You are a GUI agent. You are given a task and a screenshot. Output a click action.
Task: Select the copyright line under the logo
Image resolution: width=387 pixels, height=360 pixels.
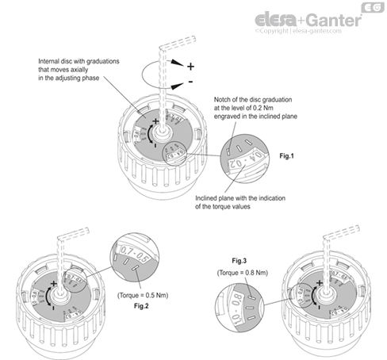click(x=305, y=32)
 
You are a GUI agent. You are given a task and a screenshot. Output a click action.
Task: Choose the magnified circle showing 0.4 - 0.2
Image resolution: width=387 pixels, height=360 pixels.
click(x=246, y=155)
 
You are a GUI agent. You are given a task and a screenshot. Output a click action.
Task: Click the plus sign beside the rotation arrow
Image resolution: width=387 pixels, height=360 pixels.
click(x=190, y=66)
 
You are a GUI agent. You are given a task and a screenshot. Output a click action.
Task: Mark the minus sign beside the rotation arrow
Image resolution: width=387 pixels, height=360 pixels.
click(x=191, y=82)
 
